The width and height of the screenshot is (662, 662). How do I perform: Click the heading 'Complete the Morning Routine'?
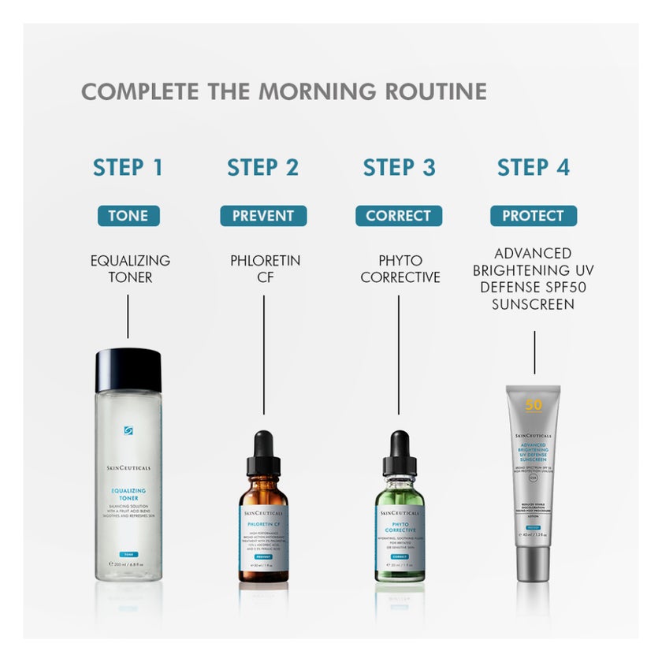[x=284, y=91]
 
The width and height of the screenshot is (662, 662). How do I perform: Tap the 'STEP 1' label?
[x=128, y=167]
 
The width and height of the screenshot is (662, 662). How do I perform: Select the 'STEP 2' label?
[x=263, y=167]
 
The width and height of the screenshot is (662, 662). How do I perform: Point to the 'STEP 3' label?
[x=399, y=167]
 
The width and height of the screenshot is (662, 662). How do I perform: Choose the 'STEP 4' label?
[x=534, y=167]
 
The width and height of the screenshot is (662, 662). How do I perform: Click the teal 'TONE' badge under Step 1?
[x=128, y=215]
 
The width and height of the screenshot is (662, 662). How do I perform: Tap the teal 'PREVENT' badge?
[x=263, y=215]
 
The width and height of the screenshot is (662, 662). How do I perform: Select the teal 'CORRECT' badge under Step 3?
[x=399, y=215]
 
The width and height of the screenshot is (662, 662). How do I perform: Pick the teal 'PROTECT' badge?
[x=534, y=215]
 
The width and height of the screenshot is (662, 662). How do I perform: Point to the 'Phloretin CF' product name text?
[x=265, y=268]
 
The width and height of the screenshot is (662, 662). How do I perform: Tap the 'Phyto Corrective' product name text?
[x=400, y=268]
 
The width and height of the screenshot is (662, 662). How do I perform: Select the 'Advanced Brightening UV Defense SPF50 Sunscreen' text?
[x=534, y=278]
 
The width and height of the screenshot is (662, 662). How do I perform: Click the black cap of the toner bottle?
[x=128, y=370]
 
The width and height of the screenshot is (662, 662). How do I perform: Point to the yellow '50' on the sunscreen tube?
[x=534, y=405]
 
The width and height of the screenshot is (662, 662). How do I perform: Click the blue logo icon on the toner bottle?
[x=128, y=430]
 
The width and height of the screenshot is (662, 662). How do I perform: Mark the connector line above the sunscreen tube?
[x=534, y=352]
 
